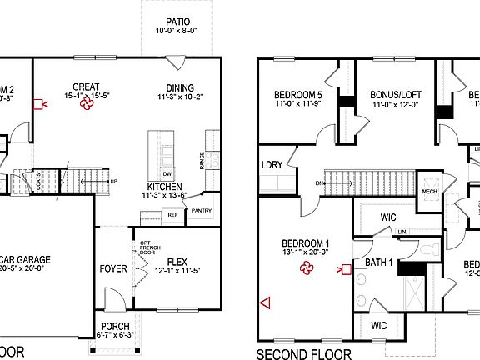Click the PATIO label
click(177, 22)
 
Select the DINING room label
click(179, 87)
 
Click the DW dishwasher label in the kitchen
click(167, 172)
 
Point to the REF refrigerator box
click(173, 215)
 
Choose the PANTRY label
click(202, 211)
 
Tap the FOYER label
click(113, 269)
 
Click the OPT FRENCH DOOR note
click(142, 248)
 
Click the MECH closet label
click(430, 191)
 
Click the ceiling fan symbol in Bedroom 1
click(307, 268)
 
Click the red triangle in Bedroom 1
click(265, 303)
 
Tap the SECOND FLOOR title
click(304, 354)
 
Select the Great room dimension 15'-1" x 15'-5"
click(86, 96)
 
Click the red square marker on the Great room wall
click(37, 104)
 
